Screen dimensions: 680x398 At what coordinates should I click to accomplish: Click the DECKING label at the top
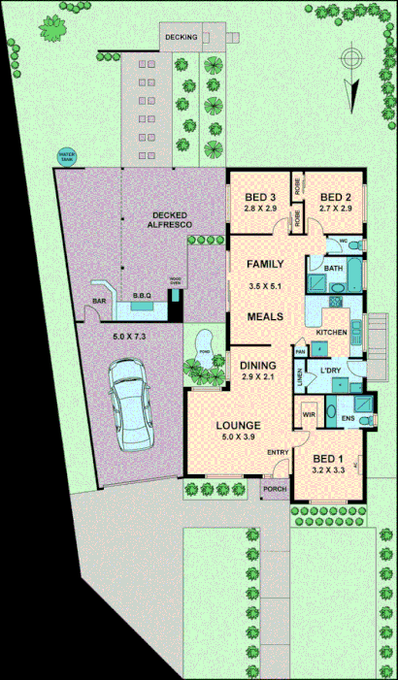click(x=181, y=37)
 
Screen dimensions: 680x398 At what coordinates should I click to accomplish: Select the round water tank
click(x=67, y=155)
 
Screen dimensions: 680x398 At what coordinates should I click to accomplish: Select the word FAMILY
click(x=264, y=264)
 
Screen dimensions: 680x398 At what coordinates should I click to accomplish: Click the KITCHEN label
click(x=331, y=333)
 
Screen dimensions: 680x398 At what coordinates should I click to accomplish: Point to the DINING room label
click(x=258, y=365)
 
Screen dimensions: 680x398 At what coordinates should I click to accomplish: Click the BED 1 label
click(x=327, y=458)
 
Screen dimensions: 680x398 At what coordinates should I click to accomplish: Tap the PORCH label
click(x=275, y=489)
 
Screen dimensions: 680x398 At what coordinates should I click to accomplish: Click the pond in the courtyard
click(x=204, y=350)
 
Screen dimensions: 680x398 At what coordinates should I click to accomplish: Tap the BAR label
click(x=99, y=302)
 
